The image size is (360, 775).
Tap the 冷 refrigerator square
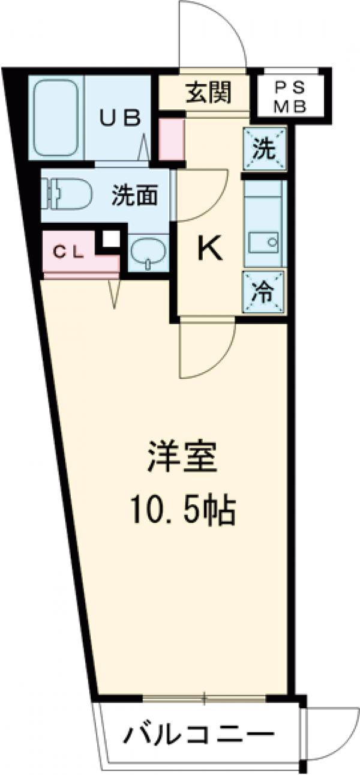[x=264, y=292]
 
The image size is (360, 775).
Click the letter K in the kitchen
[x=210, y=250]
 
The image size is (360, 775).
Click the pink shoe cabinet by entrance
[x=171, y=139]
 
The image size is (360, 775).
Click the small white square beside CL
[x=109, y=239]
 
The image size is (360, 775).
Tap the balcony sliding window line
[x=204, y=699]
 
